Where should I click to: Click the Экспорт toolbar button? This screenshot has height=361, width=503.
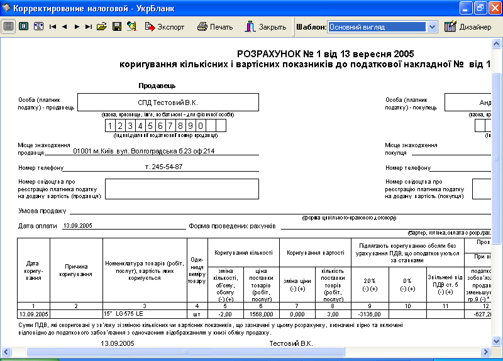(x=165, y=27)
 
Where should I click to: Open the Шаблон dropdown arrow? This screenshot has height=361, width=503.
(x=432, y=27)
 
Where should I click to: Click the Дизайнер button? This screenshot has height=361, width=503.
(x=468, y=27)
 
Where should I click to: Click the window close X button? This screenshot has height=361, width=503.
(x=494, y=8)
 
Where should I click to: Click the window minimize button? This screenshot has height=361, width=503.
(x=466, y=8)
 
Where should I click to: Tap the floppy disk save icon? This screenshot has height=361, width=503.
(x=117, y=27)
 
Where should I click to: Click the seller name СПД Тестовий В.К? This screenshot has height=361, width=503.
(x=168, y=102)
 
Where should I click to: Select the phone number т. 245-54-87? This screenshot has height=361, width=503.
(x=163, y=167)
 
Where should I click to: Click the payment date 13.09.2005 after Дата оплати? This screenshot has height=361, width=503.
(x=78, y=225)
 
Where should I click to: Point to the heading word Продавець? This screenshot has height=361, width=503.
(x=157, y=86)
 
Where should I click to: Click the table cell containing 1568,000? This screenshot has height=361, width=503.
(x=261, y=313)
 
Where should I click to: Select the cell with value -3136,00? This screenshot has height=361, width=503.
(x=370, y=313)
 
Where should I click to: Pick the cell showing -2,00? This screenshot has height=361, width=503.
(x=226, y=313)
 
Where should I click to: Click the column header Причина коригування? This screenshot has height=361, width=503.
(x=76, y=270)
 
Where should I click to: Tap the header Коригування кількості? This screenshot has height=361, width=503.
(x=243, y=252)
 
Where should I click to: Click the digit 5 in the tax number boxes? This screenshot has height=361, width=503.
(x=154, y=125)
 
